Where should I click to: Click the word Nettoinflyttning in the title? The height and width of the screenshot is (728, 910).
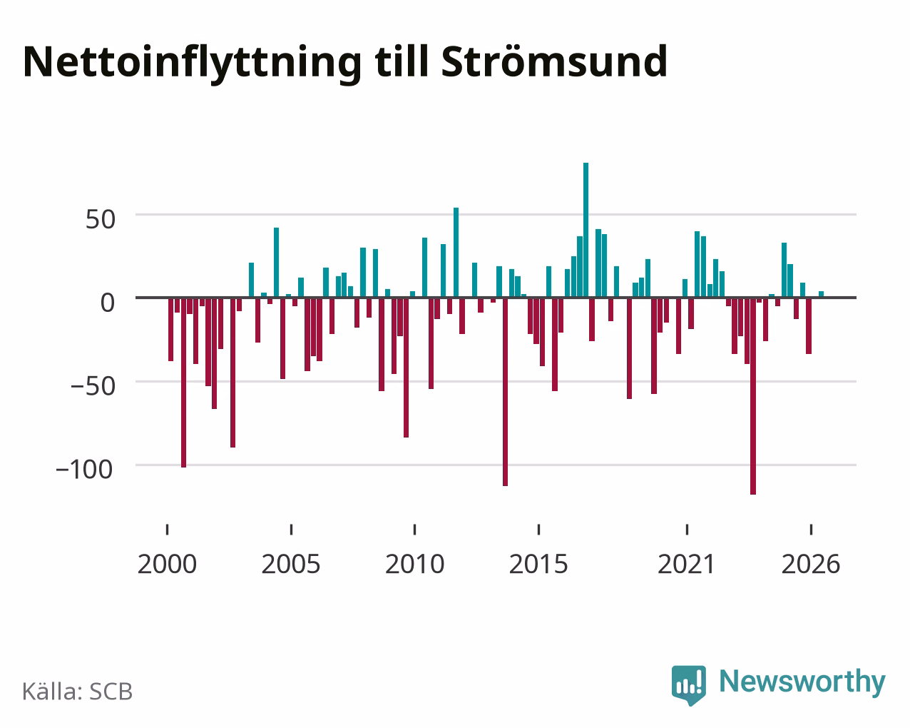coord(192,64)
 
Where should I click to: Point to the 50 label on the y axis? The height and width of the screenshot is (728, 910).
coord(101,219)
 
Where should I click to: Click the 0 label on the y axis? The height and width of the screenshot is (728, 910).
coord(108,303)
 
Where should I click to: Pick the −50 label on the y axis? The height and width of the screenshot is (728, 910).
coord(93,386)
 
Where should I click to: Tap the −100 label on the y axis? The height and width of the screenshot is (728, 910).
coord(85,470)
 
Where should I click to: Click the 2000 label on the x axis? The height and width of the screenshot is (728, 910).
coord(167,564)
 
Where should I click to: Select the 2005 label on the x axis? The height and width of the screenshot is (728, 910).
coord(291,564)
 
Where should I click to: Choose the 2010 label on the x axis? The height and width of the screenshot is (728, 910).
coord(415,564)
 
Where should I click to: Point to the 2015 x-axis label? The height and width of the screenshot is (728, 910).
coord(538,564)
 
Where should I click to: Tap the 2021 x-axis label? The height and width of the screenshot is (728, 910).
coord(686,564)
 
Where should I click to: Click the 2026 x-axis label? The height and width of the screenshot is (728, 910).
coord(811,564)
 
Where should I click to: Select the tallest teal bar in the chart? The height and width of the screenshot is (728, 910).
coord(586,230)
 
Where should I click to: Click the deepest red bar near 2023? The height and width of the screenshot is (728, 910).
coord(753,395)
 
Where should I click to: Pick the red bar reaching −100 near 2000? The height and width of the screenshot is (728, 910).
coord(183,383)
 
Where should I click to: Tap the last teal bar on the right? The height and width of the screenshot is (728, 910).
coord(821,294)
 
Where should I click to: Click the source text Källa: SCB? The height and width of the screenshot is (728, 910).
coord(78,691)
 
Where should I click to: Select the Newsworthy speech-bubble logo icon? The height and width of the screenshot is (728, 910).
coord(688,685)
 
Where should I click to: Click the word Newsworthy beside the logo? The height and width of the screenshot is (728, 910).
coord(802,682)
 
